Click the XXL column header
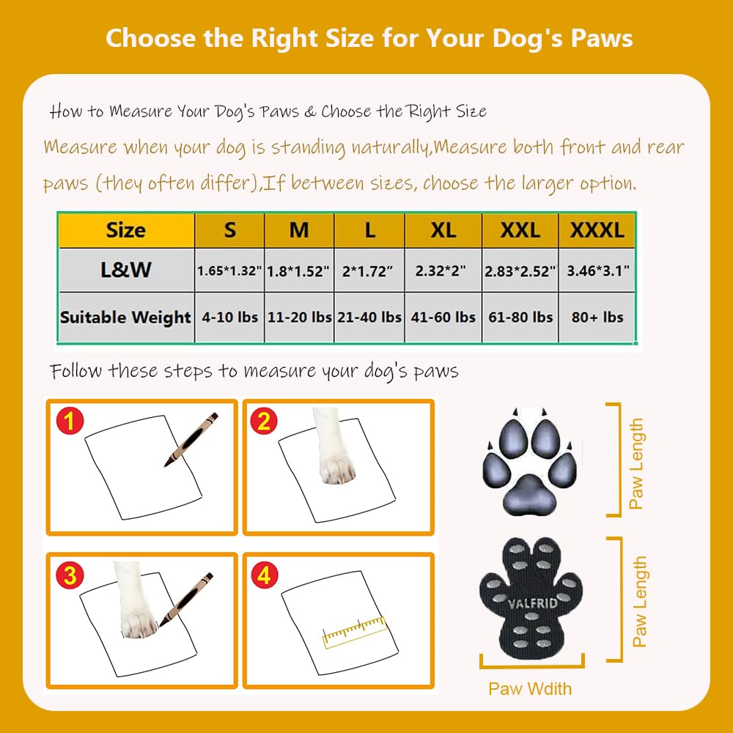pyautogui.click(x=520, y=230)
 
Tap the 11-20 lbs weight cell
pyautogui.click(x=299, y=317)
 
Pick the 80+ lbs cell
pyautogui.click(x=597, y=317)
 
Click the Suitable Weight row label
pyautogui.click(x=126, y=317)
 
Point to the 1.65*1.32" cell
pyautogui.click(x=229, y=270)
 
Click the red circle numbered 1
pyautogui.click(x=70, y=420)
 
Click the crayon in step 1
pyautogui.click(x=191, y=439)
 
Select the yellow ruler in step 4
pyautogui.click(x=355, y=632)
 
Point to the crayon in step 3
pyautogui.click(x=186, y=600)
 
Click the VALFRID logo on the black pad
pyautogui.click(x=532, y=603)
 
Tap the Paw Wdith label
pyautogui.click(x=530, y=688)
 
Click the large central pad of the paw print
pyautogui.click(x=529, y=495)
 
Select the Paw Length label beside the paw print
pyautogui.click(x=636, y=463)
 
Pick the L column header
pyautogui.click(x=369, y=230)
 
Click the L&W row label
pyautogui.click(x=126, y=270)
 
